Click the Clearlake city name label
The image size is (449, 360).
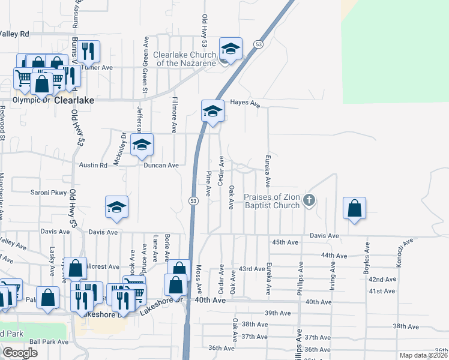(74, 101)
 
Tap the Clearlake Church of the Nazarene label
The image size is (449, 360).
(185, 59)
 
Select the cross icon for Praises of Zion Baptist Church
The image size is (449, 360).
(309, 200)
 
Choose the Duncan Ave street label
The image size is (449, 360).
(160, 165)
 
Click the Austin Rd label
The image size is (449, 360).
(93, 164)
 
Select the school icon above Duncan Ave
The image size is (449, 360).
(142, 145)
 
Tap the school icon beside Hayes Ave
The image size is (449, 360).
(212, 111)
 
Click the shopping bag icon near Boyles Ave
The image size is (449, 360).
(355, 209)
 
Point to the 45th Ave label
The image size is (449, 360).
(285, 242)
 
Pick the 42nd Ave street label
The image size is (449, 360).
(382, 280)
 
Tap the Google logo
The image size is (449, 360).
(20, 353)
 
